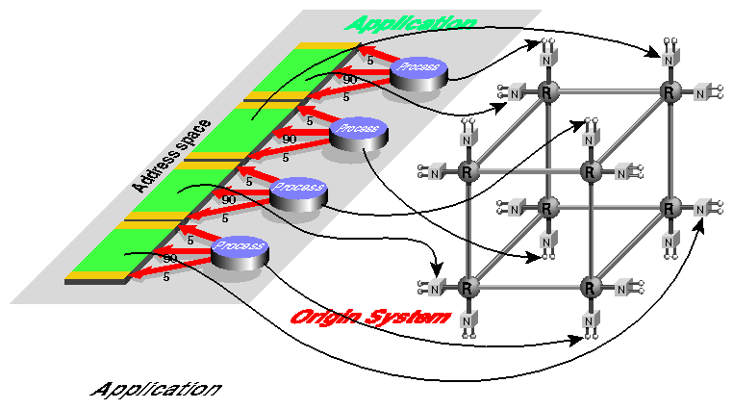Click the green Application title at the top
pyautogui.click(x=411, y=22)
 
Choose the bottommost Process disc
pyautogui.click(x=240, y=248)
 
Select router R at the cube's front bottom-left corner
pyautogui.click(x=468, y=288)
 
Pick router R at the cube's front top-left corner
pyautogui.click(x=468, y=172)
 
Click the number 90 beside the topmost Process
pyautogui.click(x=350, y=79)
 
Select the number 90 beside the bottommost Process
pyautogui.click(x=170, y=258)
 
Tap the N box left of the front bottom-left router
pyautogui.click(x=435, y=288)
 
